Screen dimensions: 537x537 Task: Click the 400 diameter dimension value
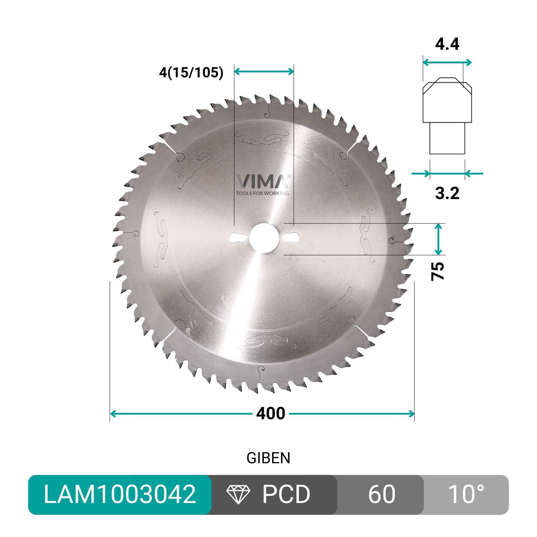point(271,413)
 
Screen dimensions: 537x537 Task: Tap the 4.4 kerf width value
point(447,44)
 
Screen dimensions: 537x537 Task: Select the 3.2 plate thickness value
point(447,193)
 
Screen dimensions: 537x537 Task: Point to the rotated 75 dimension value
point(437,271)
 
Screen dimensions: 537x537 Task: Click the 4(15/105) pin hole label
point(191,73)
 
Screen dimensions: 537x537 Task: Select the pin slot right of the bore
point(291,237)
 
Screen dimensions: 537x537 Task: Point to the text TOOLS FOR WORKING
point(262,193)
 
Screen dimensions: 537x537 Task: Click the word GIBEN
point(268,458)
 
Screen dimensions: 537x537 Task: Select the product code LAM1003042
point(120,494)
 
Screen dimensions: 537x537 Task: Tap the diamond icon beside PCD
point(238,494)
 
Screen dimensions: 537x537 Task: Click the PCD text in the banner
point(286,494)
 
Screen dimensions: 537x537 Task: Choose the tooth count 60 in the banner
point(382,494)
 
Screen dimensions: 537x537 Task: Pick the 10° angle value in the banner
point(466,494)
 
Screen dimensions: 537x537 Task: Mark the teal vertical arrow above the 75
point(439,239)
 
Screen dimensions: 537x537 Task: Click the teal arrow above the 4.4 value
point(447,63)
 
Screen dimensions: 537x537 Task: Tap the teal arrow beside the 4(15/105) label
point(264,71)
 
